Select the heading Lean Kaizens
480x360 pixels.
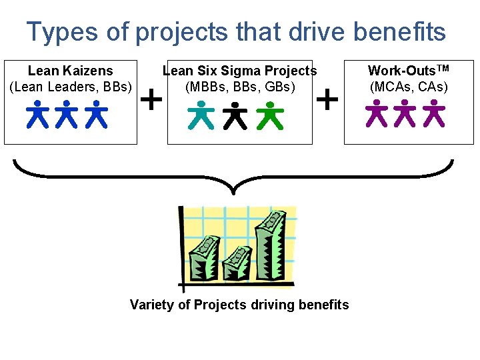[70, 71]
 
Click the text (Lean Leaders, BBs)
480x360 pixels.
[71, 86]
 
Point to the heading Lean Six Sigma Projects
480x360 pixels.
[240, 71]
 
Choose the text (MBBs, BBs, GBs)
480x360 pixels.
[240, 86]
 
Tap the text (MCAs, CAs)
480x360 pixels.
[409, 86]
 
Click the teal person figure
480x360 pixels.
[201, 115]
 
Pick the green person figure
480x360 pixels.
[269, 115]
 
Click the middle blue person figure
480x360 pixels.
[67, 114]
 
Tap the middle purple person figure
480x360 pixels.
[405, 113]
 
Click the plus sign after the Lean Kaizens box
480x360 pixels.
[153, 100]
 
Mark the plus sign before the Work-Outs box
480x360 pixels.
[326, 100]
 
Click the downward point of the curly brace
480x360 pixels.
[233, 193]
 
